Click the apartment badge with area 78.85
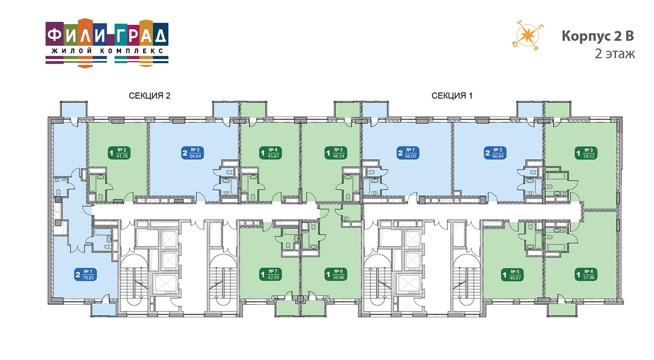pos(86,275)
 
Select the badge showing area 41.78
pos(119,153)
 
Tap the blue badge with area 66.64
pos(192,153)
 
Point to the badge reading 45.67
pos(271,153)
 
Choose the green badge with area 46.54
pos(336,153)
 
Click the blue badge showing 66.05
pos(408,153)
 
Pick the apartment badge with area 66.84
pos(495,153)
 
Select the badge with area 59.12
pos(586,153)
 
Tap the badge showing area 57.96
pos(586,275)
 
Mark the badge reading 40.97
pos(513,275)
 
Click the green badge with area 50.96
pos(336,275)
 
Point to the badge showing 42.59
pos(271,275)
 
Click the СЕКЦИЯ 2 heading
pos(150,96)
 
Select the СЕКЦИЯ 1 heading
pos(452,96)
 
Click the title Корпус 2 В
pos(598,36)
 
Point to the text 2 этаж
pos(615,54)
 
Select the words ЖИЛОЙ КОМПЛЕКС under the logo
pos(107,51)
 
